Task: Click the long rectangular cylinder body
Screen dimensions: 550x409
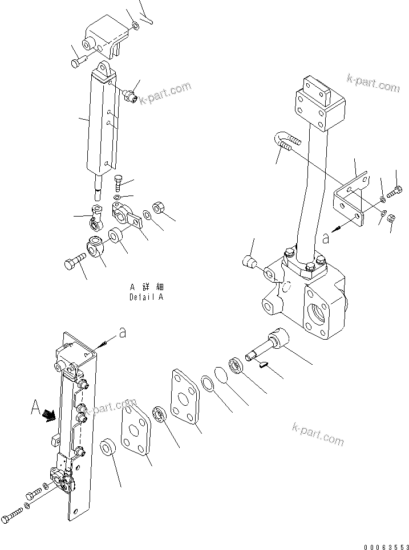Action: pos(103,120)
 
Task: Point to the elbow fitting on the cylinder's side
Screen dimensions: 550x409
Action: pos(131,93)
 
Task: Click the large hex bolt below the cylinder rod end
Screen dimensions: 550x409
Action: pos(75,264)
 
